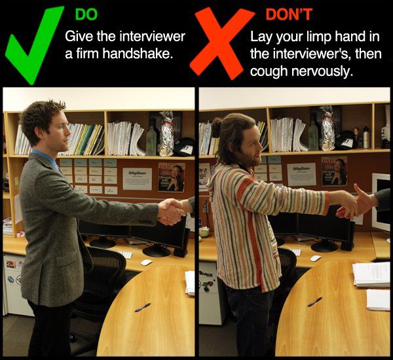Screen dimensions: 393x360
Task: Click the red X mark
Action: click(221, 43)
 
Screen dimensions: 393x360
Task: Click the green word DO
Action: click(86, 14)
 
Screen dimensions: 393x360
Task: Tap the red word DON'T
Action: click(289, 14)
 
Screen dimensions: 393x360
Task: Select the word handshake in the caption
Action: click(138, 54)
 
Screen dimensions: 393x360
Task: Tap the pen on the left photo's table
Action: click(142, 308)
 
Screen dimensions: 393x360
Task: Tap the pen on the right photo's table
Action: click(314, 302)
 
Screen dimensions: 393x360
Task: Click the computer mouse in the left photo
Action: click(146, 262)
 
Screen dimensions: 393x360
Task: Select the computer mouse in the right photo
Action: click(316, 259)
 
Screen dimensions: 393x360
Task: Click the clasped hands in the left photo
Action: click(172, 211)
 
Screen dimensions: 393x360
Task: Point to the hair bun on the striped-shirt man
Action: click(216, 127)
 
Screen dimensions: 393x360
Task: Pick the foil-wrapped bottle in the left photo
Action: click(166, 134)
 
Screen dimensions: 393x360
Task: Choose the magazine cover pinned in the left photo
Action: click(172, 177)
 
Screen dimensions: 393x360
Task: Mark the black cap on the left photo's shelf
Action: click(184, 147)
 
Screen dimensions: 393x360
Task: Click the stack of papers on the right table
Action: click(371, 275)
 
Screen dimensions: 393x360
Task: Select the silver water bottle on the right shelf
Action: click(366, 137)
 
